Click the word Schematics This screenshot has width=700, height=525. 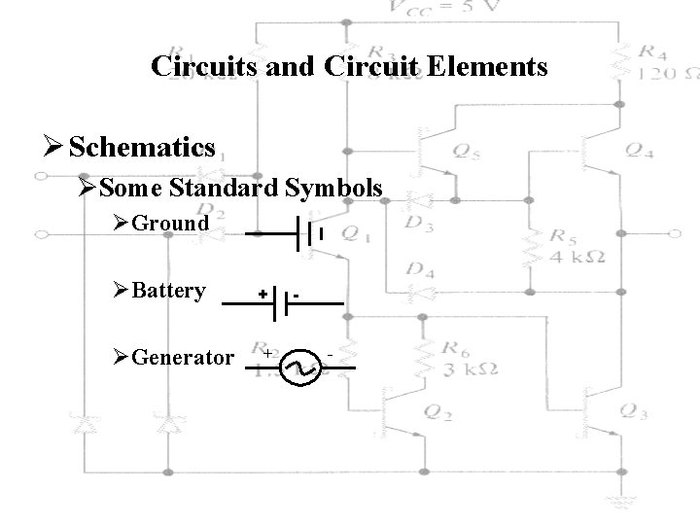(x=142, y=147)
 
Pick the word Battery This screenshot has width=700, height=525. (x=168, y=291)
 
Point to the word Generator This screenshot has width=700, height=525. (x=182, y=357)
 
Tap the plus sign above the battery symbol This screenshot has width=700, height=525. (x=262, y=291)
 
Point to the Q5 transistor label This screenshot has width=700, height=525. (x=465, y=151)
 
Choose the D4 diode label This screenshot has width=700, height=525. (x=420, y=269)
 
